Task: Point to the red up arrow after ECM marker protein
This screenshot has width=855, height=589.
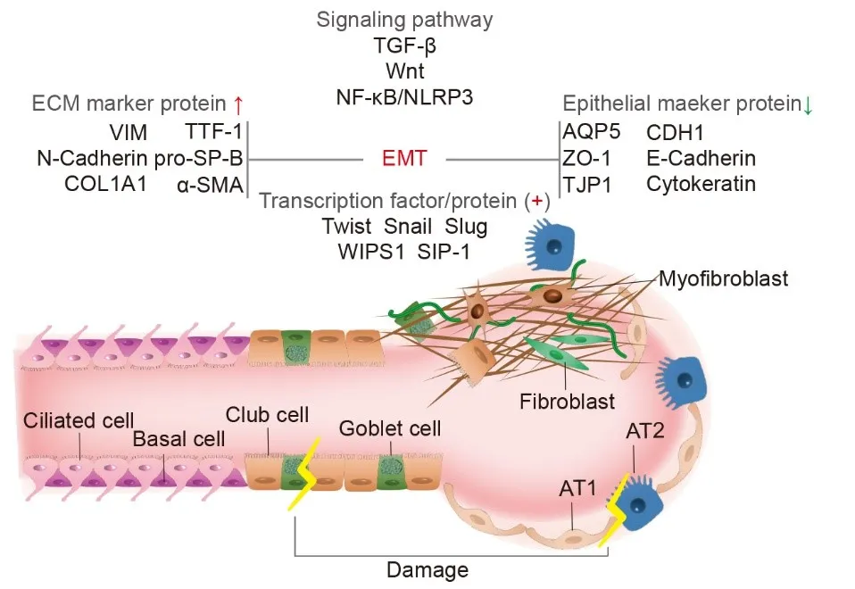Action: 238,104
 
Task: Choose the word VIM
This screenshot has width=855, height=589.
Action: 129,133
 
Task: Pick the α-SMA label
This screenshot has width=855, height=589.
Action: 210,185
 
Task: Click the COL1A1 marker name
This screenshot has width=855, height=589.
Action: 104,185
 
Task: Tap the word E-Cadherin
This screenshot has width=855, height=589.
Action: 701,159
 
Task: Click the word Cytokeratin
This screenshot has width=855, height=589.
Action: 701,185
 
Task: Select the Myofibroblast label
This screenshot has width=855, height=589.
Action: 725,279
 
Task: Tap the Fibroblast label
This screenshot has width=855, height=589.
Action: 568,402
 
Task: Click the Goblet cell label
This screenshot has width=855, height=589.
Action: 390,428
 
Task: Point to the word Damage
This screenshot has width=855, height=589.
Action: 427,568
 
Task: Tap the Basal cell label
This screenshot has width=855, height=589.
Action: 178,439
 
